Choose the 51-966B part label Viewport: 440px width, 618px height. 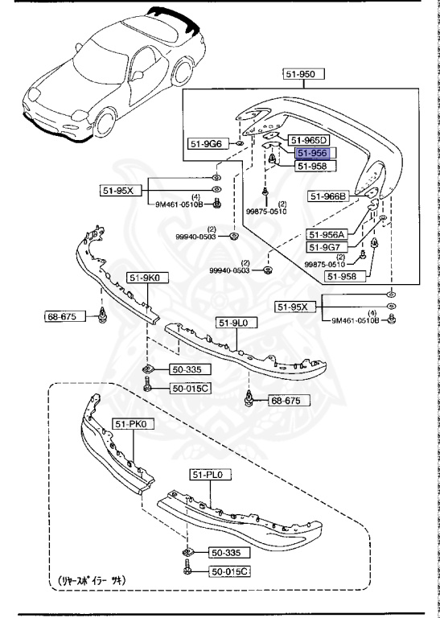click(327, 196)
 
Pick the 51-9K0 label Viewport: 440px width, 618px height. click(142, 278)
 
